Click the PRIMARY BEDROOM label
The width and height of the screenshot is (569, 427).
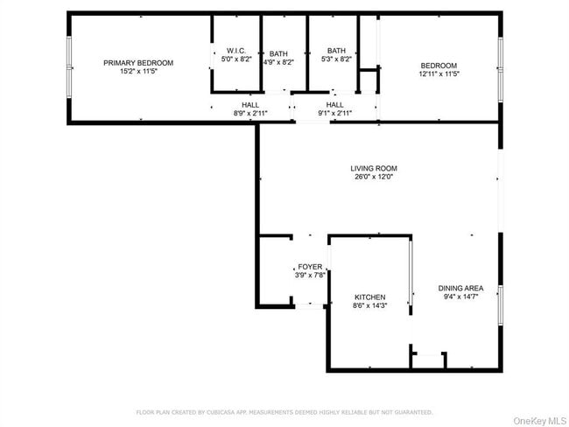pyautogui.click(x=138, y=63)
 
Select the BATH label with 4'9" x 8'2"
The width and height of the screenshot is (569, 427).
pyautogui.click(x=279, y=53)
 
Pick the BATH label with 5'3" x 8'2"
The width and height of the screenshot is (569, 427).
pyautogui.click(x=338, y=51)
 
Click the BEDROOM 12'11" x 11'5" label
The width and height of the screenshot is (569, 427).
pyautogui.click(x=439, y=66)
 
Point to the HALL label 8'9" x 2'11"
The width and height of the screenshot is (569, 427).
pyautogui.click(x=250, y=105)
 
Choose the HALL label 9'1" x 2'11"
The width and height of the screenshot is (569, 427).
pyautogui.click(x=335, y=105)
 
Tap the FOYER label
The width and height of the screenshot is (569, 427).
pyautogui.click(x=310, y=267)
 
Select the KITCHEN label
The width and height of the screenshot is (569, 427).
pyautogui.click(x=369, y=297)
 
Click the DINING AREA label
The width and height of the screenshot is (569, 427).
pyautogui.click(x=460, y=288)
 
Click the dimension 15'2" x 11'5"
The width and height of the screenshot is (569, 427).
pyautogui.click(x=138, y=71)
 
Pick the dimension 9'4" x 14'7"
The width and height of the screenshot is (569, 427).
pyautogui.click(x=460, y=297)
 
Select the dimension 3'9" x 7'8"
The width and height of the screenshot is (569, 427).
pyautogui.click(x=310, y=276)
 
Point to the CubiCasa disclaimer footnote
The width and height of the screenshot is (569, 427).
pyautogui.click(x=284, y=411)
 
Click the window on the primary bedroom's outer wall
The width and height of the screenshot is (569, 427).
pyautogui.click(x=69, y=66)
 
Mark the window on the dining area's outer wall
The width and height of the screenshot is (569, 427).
pyautogui.click(x=501, y=303)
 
